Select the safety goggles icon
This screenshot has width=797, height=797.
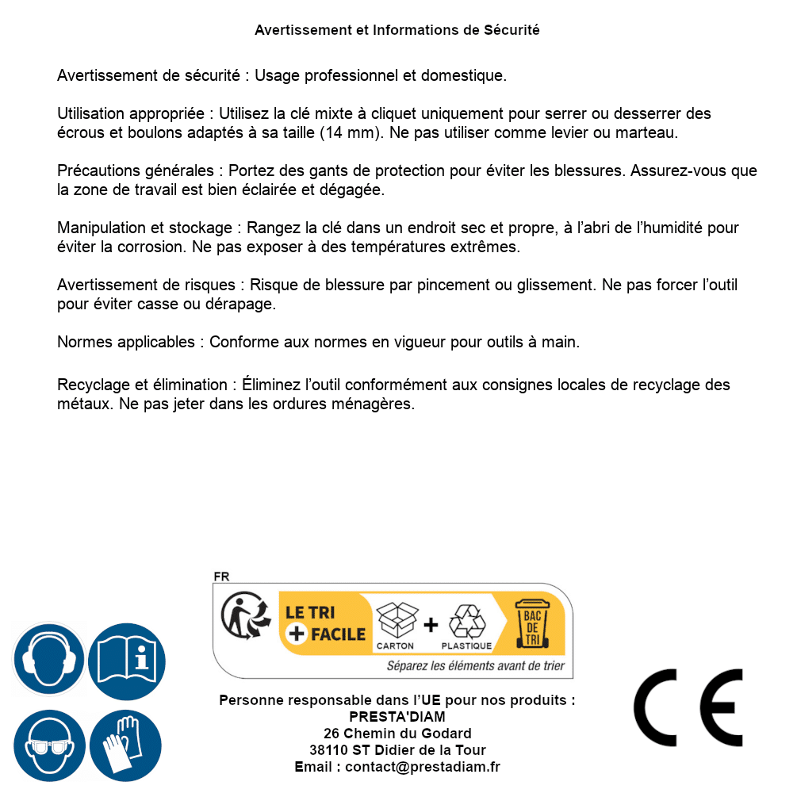pyautogui.click(x=48, y=746)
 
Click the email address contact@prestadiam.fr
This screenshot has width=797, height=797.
pyautogui.click(x=423, y=767)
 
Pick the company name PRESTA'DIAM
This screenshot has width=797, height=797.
pyautogui.click(x=397, y=717)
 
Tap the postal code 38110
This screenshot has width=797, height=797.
pyautogui.click(x=328, y=750)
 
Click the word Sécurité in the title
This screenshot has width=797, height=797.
pyautogui.click(x=512, y=30)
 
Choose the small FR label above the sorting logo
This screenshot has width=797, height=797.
pyautogui.click(x=221, y=577)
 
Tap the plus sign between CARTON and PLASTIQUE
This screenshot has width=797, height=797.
pyautogui.click(x=431, y=625)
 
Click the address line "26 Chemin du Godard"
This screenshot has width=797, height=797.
pyautogui.click(x=397, y=734)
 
